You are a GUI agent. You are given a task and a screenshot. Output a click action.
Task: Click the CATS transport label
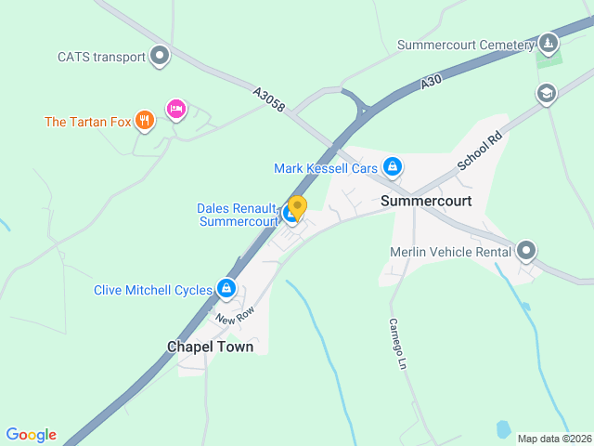101,57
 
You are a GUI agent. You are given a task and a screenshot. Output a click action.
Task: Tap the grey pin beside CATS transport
161,56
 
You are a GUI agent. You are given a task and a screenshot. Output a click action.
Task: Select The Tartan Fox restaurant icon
144,120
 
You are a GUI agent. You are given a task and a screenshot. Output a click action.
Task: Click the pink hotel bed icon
175,110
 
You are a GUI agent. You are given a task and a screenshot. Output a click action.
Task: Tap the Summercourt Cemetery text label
466,45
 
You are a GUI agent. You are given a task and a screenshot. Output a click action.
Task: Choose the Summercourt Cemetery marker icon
549,44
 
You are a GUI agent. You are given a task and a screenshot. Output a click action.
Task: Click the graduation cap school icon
546,93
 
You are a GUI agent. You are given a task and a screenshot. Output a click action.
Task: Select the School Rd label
479,150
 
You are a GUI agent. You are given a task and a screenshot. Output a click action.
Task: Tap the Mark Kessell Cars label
326,168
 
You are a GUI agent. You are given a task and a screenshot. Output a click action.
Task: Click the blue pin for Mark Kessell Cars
393,167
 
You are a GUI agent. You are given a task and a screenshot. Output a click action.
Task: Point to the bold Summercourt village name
426,201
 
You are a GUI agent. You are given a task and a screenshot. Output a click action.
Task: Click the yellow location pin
297,207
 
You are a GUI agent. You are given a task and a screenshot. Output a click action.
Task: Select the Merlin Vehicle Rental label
450,252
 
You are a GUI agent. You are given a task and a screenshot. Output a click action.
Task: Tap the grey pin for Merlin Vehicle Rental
526,251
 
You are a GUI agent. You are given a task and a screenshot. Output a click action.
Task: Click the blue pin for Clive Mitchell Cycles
226,290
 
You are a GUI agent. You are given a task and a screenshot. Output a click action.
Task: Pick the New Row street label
234,316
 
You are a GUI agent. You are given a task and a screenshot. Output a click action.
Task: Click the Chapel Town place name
210,347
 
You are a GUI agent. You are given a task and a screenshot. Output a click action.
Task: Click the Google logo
31,435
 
